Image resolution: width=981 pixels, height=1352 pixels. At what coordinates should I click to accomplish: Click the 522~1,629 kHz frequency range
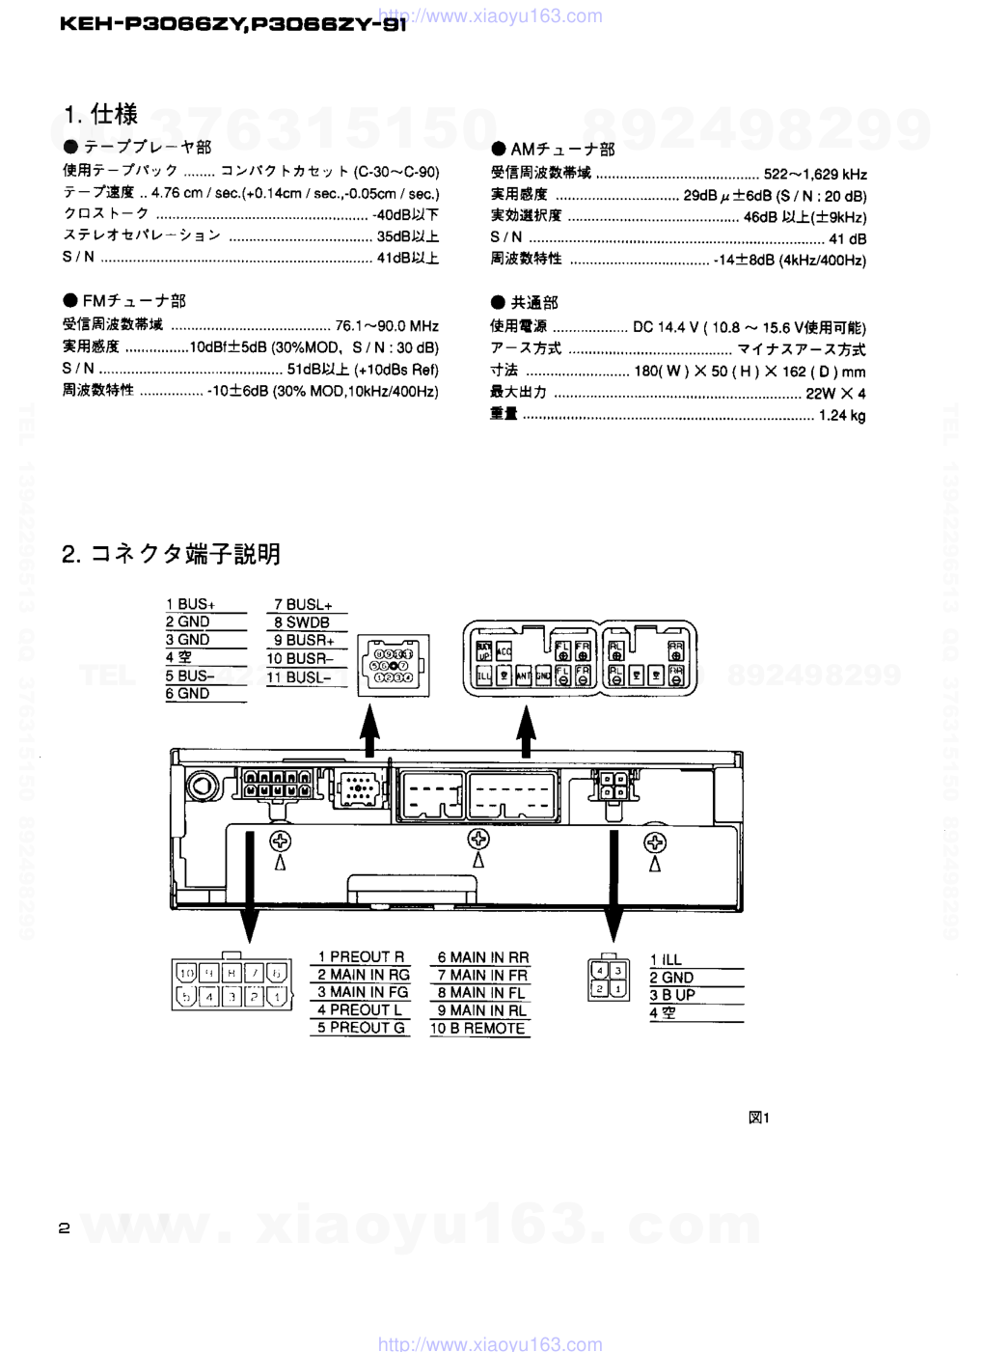click(815, 175)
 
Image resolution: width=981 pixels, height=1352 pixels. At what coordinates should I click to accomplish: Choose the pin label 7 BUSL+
click(303, 605)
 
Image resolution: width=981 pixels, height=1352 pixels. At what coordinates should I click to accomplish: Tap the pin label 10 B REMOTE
click(478, 1029)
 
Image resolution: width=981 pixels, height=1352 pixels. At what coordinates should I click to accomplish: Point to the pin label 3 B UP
click(672, 995)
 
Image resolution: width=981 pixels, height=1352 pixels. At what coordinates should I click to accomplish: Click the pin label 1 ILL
click(666, 960)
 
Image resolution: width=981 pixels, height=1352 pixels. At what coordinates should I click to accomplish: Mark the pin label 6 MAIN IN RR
click(483, 957)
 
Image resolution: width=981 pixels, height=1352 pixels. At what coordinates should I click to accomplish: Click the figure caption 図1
click(759, 1117)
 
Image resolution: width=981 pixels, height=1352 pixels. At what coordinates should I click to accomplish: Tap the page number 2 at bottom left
click(65, 1228)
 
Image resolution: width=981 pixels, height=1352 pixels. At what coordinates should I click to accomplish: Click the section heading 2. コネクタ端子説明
click(171, 554)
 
